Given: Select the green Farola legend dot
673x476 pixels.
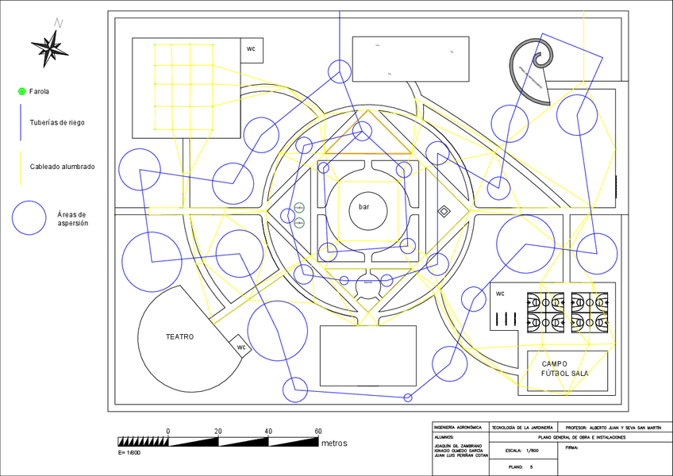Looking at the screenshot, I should (x=21, y=92).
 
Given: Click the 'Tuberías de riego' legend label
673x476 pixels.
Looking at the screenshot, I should (x=57, y=123).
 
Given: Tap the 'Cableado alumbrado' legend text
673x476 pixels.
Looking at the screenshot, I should (x=62, y=167).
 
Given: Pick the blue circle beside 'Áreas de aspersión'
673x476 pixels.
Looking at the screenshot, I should (x=29, y=217).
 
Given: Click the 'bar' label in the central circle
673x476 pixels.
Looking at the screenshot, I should (x=363, y=207).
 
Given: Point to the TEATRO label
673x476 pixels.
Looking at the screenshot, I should (x=179, y=336).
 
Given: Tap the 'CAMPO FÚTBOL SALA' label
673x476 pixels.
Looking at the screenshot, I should (x=565, y=368).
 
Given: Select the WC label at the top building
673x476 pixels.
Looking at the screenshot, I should (x=252, y=49).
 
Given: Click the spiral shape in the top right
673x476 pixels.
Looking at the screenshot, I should (x=533, y=68).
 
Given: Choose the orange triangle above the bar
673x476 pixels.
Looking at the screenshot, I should (x=367, y=135).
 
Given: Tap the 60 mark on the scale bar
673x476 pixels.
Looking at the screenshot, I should (x=318, y=431).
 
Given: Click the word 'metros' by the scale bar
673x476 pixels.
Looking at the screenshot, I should (x=334, y=443).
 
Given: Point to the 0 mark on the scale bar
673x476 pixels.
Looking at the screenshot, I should (x=168, y=431).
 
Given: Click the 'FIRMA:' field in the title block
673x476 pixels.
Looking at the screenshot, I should (x=572, y=447).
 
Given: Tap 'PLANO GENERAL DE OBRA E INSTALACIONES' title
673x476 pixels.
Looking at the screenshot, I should (x=582, y=437).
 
